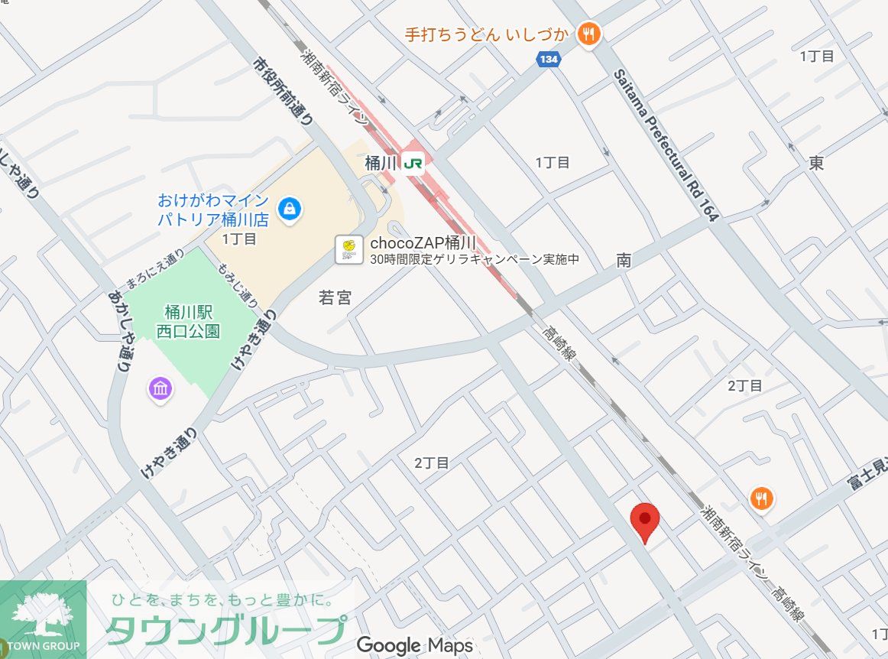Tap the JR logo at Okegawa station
point(413,164)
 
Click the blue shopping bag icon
point(290,208)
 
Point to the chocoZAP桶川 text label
point(423,243)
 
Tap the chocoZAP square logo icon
point(348,249)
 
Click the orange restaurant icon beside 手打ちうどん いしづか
point(588,34)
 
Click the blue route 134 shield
point(548,60)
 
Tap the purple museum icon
point(160,389)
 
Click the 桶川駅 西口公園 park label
point(187,322)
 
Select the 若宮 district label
point(335,298)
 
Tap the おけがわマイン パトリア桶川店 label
point(213,209)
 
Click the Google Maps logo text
point(414,645)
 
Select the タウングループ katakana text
point(225,631)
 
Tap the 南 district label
point(624,261)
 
